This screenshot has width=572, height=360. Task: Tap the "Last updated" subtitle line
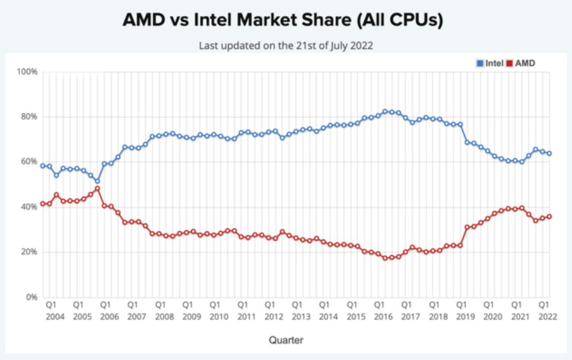tap(285, 46)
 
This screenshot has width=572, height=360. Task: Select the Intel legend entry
tap(490, 63)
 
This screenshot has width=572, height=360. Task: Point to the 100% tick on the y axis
tap(28, 71)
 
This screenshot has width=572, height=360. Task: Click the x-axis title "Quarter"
tap(285, 340)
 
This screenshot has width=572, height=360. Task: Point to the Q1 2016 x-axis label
tap(379, 311)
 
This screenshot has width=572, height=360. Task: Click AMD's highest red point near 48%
tap(97, 188)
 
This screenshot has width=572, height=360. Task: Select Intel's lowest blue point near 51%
tap(97, 181)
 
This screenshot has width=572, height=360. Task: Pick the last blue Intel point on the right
tap(549, 154)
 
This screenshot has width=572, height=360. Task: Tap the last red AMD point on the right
tap(549, 217)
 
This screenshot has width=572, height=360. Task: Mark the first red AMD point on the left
tap(43, 204)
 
